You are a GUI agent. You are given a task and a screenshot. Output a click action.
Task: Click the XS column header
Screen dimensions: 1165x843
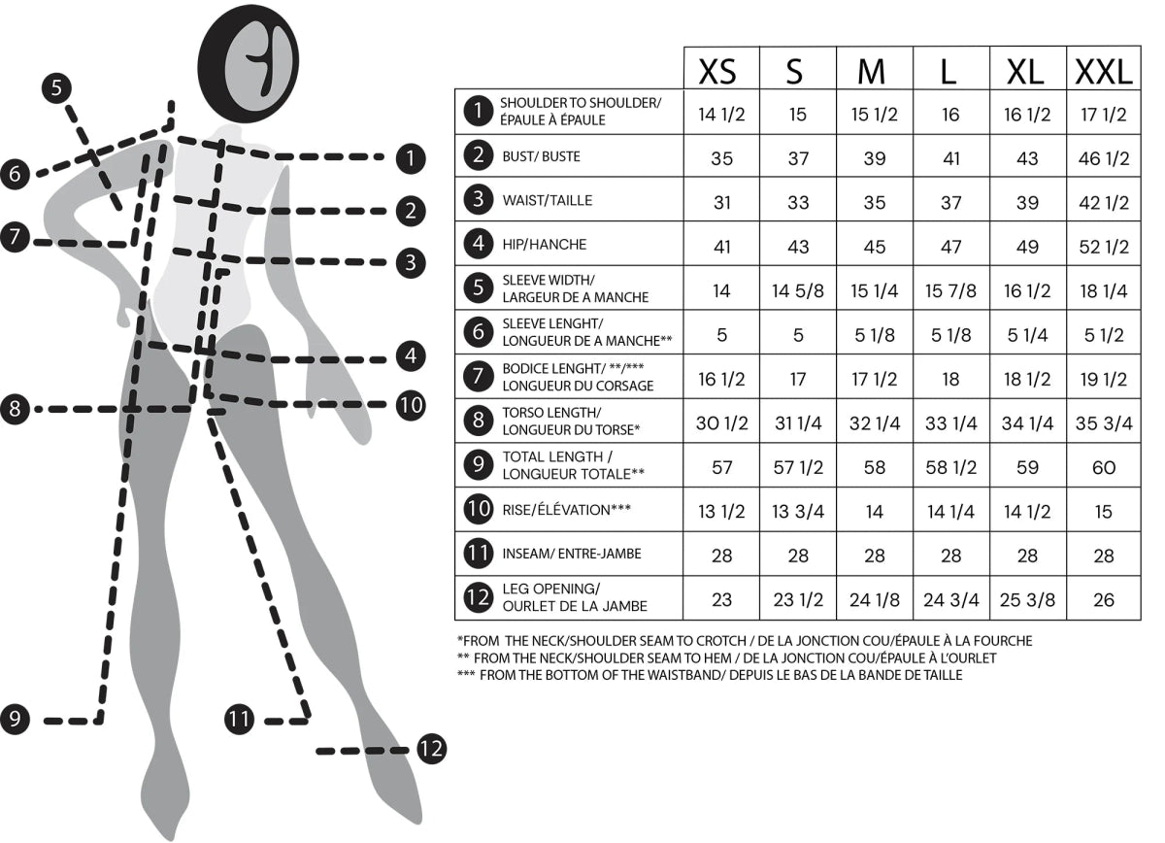[x=717, y=72]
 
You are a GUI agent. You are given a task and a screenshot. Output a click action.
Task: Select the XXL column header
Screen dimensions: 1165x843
[x=1104, y=72]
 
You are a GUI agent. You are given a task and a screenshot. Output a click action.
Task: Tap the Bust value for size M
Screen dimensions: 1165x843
[x=875, y=158]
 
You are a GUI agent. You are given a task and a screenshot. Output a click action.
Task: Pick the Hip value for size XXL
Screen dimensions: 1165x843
[x=1104, y=247]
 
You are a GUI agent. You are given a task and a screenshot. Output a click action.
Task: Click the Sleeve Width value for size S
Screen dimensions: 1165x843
[x=798, y=291]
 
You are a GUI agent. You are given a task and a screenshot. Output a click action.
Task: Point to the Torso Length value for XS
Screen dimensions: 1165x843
[x=722, y=423]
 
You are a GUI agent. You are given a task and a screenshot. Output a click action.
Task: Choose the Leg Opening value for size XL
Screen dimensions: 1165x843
[x=1027, y=600]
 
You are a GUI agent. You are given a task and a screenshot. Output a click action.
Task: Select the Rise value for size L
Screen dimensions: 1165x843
[x=950, y=512]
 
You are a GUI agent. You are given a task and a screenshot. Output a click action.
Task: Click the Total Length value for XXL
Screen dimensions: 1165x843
[x=1104, y=468]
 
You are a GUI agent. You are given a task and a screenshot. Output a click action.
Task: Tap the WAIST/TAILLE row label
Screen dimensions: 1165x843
[x=548, y=200]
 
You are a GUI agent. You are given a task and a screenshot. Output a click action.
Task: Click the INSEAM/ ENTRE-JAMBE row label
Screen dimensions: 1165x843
[x=572, y=554]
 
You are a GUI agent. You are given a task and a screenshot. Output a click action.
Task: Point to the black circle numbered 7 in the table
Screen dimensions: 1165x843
[x=478, y=376]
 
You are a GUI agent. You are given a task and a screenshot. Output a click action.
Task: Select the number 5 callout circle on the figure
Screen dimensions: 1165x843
[x=56, y=87]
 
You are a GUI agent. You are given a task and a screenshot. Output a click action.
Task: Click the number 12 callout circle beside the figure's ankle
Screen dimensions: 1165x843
[x=432, y=749]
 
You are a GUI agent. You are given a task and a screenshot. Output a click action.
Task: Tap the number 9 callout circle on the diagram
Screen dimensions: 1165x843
[x=15, y=719]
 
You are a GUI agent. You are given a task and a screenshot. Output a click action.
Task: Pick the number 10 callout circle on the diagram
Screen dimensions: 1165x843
[x=411, y=405]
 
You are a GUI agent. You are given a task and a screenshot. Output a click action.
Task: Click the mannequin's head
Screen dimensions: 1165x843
[x=249, y=62]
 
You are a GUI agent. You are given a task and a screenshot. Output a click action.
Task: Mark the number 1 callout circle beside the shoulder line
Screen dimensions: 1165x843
[x=411, y=158]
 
